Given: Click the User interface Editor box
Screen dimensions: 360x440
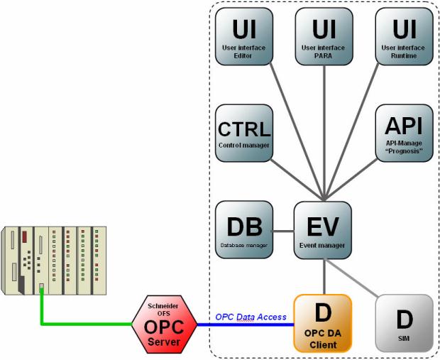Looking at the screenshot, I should pyautogui.click(x=243, y=37).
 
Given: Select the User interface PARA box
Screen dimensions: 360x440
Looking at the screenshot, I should pyautogui.click(x=324, y=37).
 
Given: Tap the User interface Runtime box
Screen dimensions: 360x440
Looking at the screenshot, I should pyautogui.click(x=404, y=37).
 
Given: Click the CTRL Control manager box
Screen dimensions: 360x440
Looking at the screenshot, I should pyautogui.click(x=243, y=132).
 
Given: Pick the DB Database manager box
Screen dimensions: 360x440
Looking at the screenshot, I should pyautogui.click(x=243, y=229).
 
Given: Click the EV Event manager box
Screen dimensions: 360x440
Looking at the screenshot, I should pyautogui.click(x=324, y=229).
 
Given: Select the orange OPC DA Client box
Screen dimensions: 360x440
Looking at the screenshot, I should pyautogui.click(x=323, y=323).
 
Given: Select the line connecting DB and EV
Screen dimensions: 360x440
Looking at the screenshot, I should pyautogui.click(x=283, y=230).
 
